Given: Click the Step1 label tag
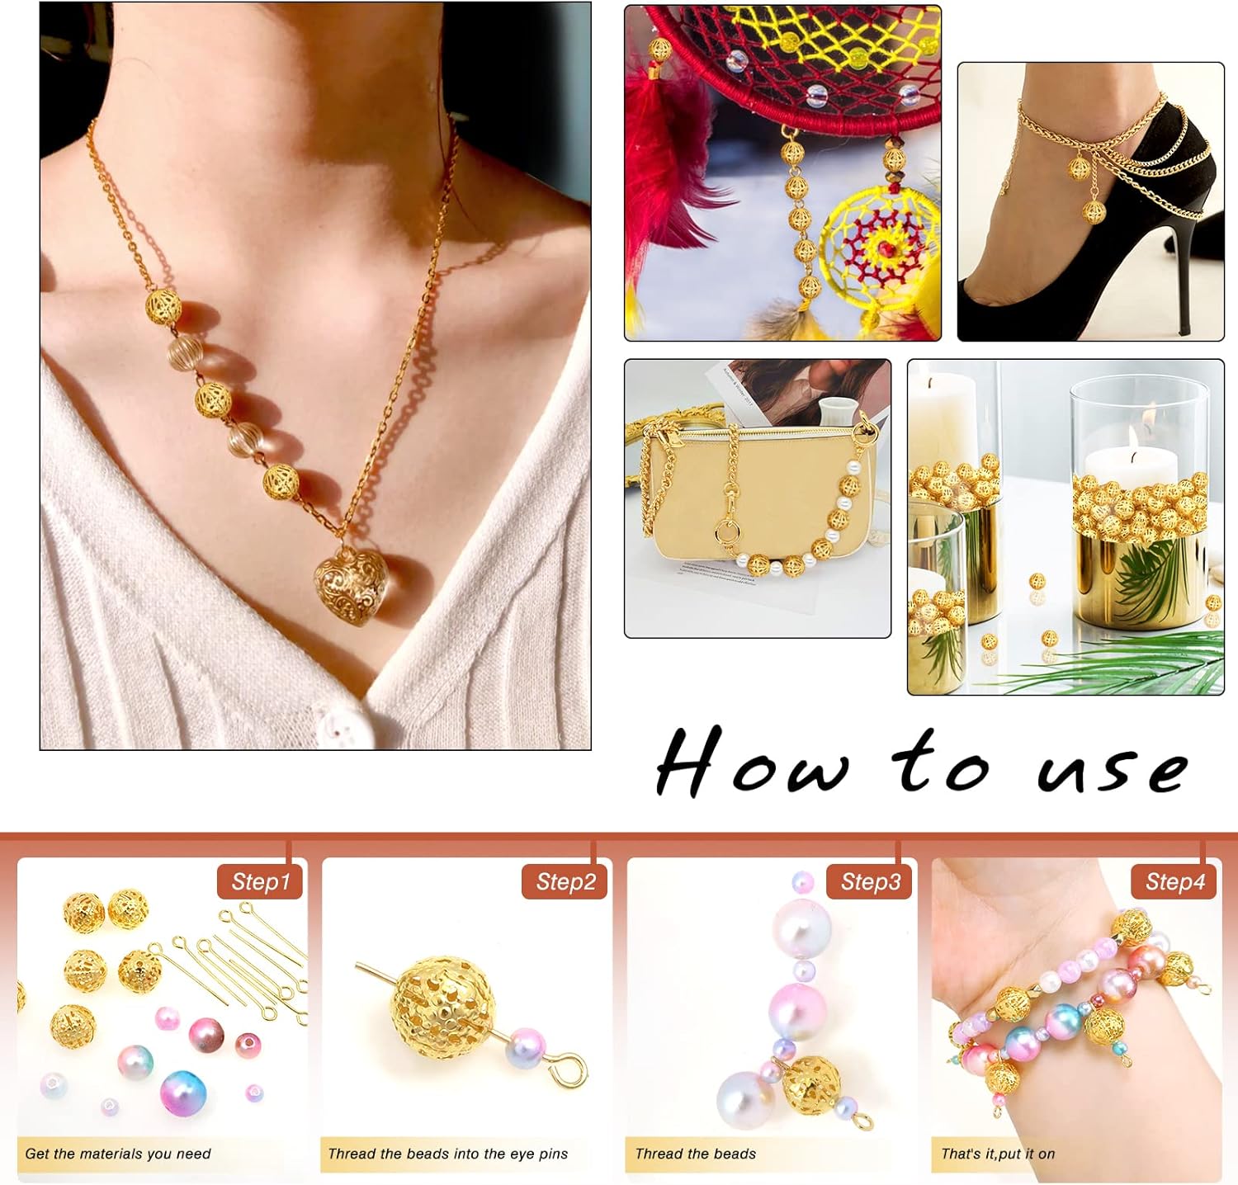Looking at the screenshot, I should tap(260, 881).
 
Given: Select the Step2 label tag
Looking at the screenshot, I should tap(565, 881).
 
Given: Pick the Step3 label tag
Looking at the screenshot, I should tap(870, 881).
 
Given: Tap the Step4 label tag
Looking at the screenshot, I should tap(1174, 881).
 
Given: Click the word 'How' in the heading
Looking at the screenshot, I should tap(751, 763).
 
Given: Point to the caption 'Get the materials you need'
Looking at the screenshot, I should tap(118, 1154).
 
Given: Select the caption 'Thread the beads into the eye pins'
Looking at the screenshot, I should tap(448, 1154).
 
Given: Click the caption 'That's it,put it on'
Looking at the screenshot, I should tap(998, 1154).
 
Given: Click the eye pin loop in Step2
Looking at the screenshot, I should tap(570, 1071).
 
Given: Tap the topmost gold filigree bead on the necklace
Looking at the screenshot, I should tap(163, 306).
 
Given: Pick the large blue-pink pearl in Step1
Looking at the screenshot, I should tap(183, 1091).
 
